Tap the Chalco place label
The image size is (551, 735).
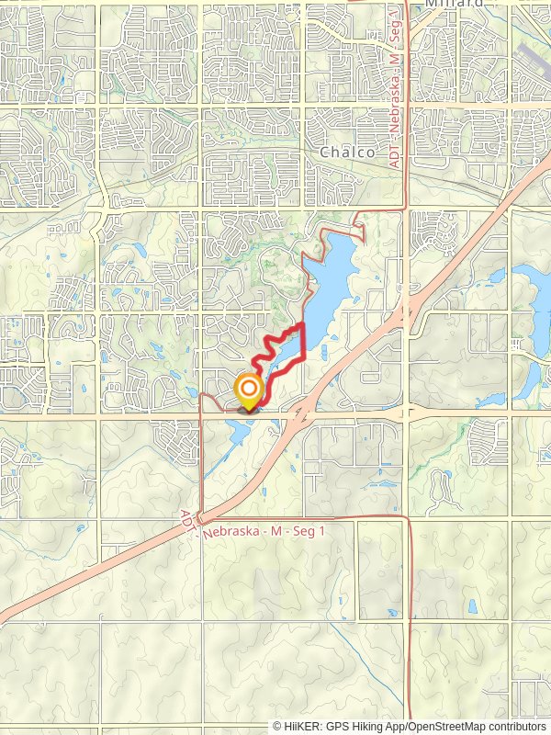click(x=347, y=153)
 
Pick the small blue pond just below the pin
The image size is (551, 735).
click(x=241, y=428)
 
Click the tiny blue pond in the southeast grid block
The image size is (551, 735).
click(x=472, y=606)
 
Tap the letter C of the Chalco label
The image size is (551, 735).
click(x=324, y=153)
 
